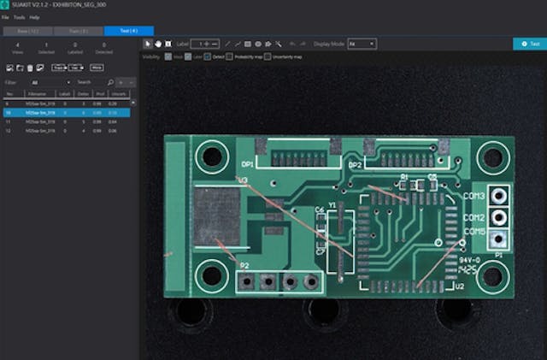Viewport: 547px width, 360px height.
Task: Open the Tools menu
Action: pyautogui.click(x=19, y=17)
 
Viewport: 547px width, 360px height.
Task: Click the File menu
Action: pyautogui.click(x=6, y=17)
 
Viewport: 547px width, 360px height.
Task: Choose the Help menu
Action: pyautogui.click(x=34, y=17)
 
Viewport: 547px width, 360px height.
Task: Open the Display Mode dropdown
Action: pyautogui.click(x=362, y=43)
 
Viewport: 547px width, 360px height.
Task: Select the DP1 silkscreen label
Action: pyautogui.click(x=248, y=163)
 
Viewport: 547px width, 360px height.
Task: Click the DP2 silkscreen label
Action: pyautogui.click(x=355, y=164)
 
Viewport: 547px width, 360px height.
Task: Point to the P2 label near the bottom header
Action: pyautogui.click(x=244, y=266)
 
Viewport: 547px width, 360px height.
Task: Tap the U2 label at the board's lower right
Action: pyautogui.click(x=459, y=287)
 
